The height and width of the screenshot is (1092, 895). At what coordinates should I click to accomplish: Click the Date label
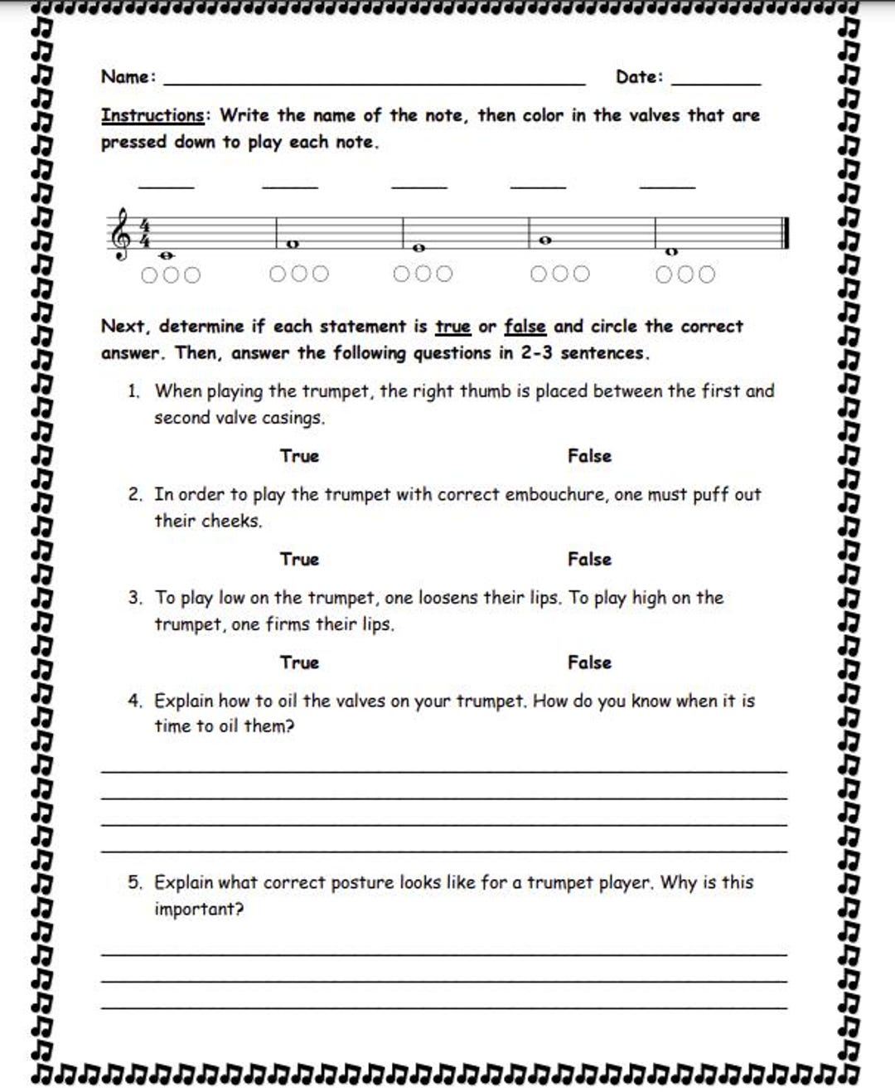637,76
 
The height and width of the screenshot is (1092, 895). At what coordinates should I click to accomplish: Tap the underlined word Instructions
152,115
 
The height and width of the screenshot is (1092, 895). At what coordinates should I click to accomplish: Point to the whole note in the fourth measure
545,240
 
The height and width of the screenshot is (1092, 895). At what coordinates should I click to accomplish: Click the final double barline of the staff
785,232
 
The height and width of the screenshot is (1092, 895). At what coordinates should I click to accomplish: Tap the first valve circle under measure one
149,275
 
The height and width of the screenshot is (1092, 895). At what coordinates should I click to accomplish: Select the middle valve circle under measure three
423,274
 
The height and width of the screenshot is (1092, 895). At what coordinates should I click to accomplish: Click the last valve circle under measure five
706,274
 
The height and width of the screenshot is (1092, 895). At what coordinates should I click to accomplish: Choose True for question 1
299,456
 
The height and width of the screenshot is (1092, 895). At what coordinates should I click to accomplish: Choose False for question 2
589,560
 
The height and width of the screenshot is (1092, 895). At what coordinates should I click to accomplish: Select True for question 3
299,662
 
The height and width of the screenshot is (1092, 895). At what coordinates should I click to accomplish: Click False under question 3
589,662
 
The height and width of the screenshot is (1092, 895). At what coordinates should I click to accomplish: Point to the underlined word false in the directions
525,327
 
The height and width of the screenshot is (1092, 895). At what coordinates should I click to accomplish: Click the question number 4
135,701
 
